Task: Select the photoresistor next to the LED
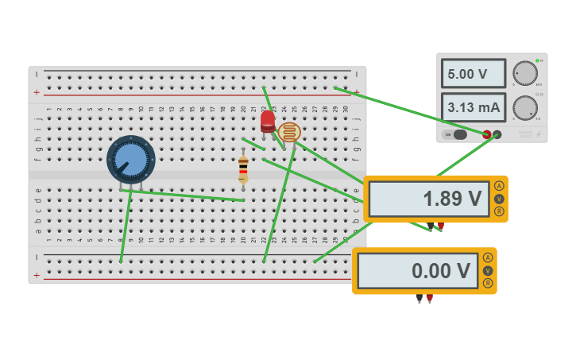pos(289,132)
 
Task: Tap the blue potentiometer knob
pos(131,159)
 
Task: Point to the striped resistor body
pos(243,168)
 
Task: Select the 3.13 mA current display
pos(473,107)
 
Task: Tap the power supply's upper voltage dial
pos(524,73)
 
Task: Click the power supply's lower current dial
pos(524,107)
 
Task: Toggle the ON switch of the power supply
pos(456,134)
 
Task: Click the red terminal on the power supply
pos(487,134)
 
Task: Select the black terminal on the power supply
pos(497,134)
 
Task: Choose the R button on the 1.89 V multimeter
pos(499,211)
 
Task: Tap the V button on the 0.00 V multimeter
pos(488,270)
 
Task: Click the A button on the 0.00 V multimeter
pos(488,257)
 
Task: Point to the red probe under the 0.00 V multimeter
pos(429,299)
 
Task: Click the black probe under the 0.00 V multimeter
pos(419,299)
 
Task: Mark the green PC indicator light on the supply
pos(537,60)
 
